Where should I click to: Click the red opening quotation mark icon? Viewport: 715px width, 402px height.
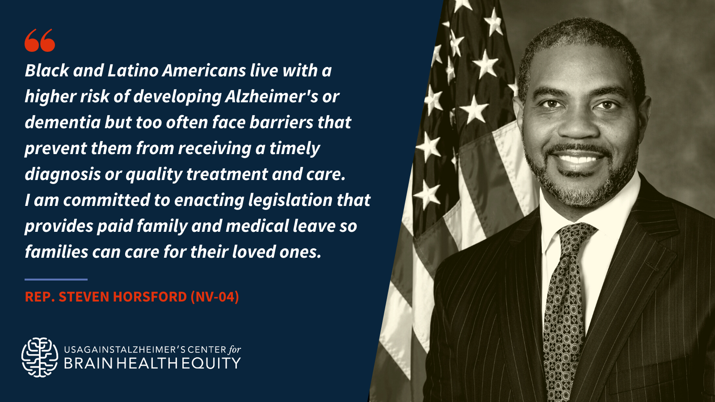pyautogui.click(x=40, y=40)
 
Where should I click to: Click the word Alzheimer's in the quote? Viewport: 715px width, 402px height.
pyautogui.click(x=271, y=96)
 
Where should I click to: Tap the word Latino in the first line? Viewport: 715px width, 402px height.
pyautogui.click(x=133, y=70)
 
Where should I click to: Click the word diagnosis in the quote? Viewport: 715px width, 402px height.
pyautogui.click(x=63, y=175)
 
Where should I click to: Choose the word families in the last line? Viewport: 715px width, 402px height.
pyautogui.click(x=56, y=251)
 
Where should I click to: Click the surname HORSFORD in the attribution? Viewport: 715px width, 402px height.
pyautogui.click(x=150, y=297)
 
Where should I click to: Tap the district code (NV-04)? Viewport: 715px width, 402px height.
pyautogui.click(x=215, y=297)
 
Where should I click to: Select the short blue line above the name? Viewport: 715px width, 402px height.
pyautogui.click(x=56, y=280)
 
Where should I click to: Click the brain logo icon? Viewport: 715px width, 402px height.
pyautogui.click(x=40, y=357)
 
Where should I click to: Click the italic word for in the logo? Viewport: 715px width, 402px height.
pyautogui.click(x=235, y=350)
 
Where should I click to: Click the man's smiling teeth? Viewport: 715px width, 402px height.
pyautogui.click(x=578, y=159)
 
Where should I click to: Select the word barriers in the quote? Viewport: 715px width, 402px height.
pyautogui.click(x=281, y=122)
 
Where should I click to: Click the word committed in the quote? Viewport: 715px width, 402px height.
pyautogui.click(x=107, y=200)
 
